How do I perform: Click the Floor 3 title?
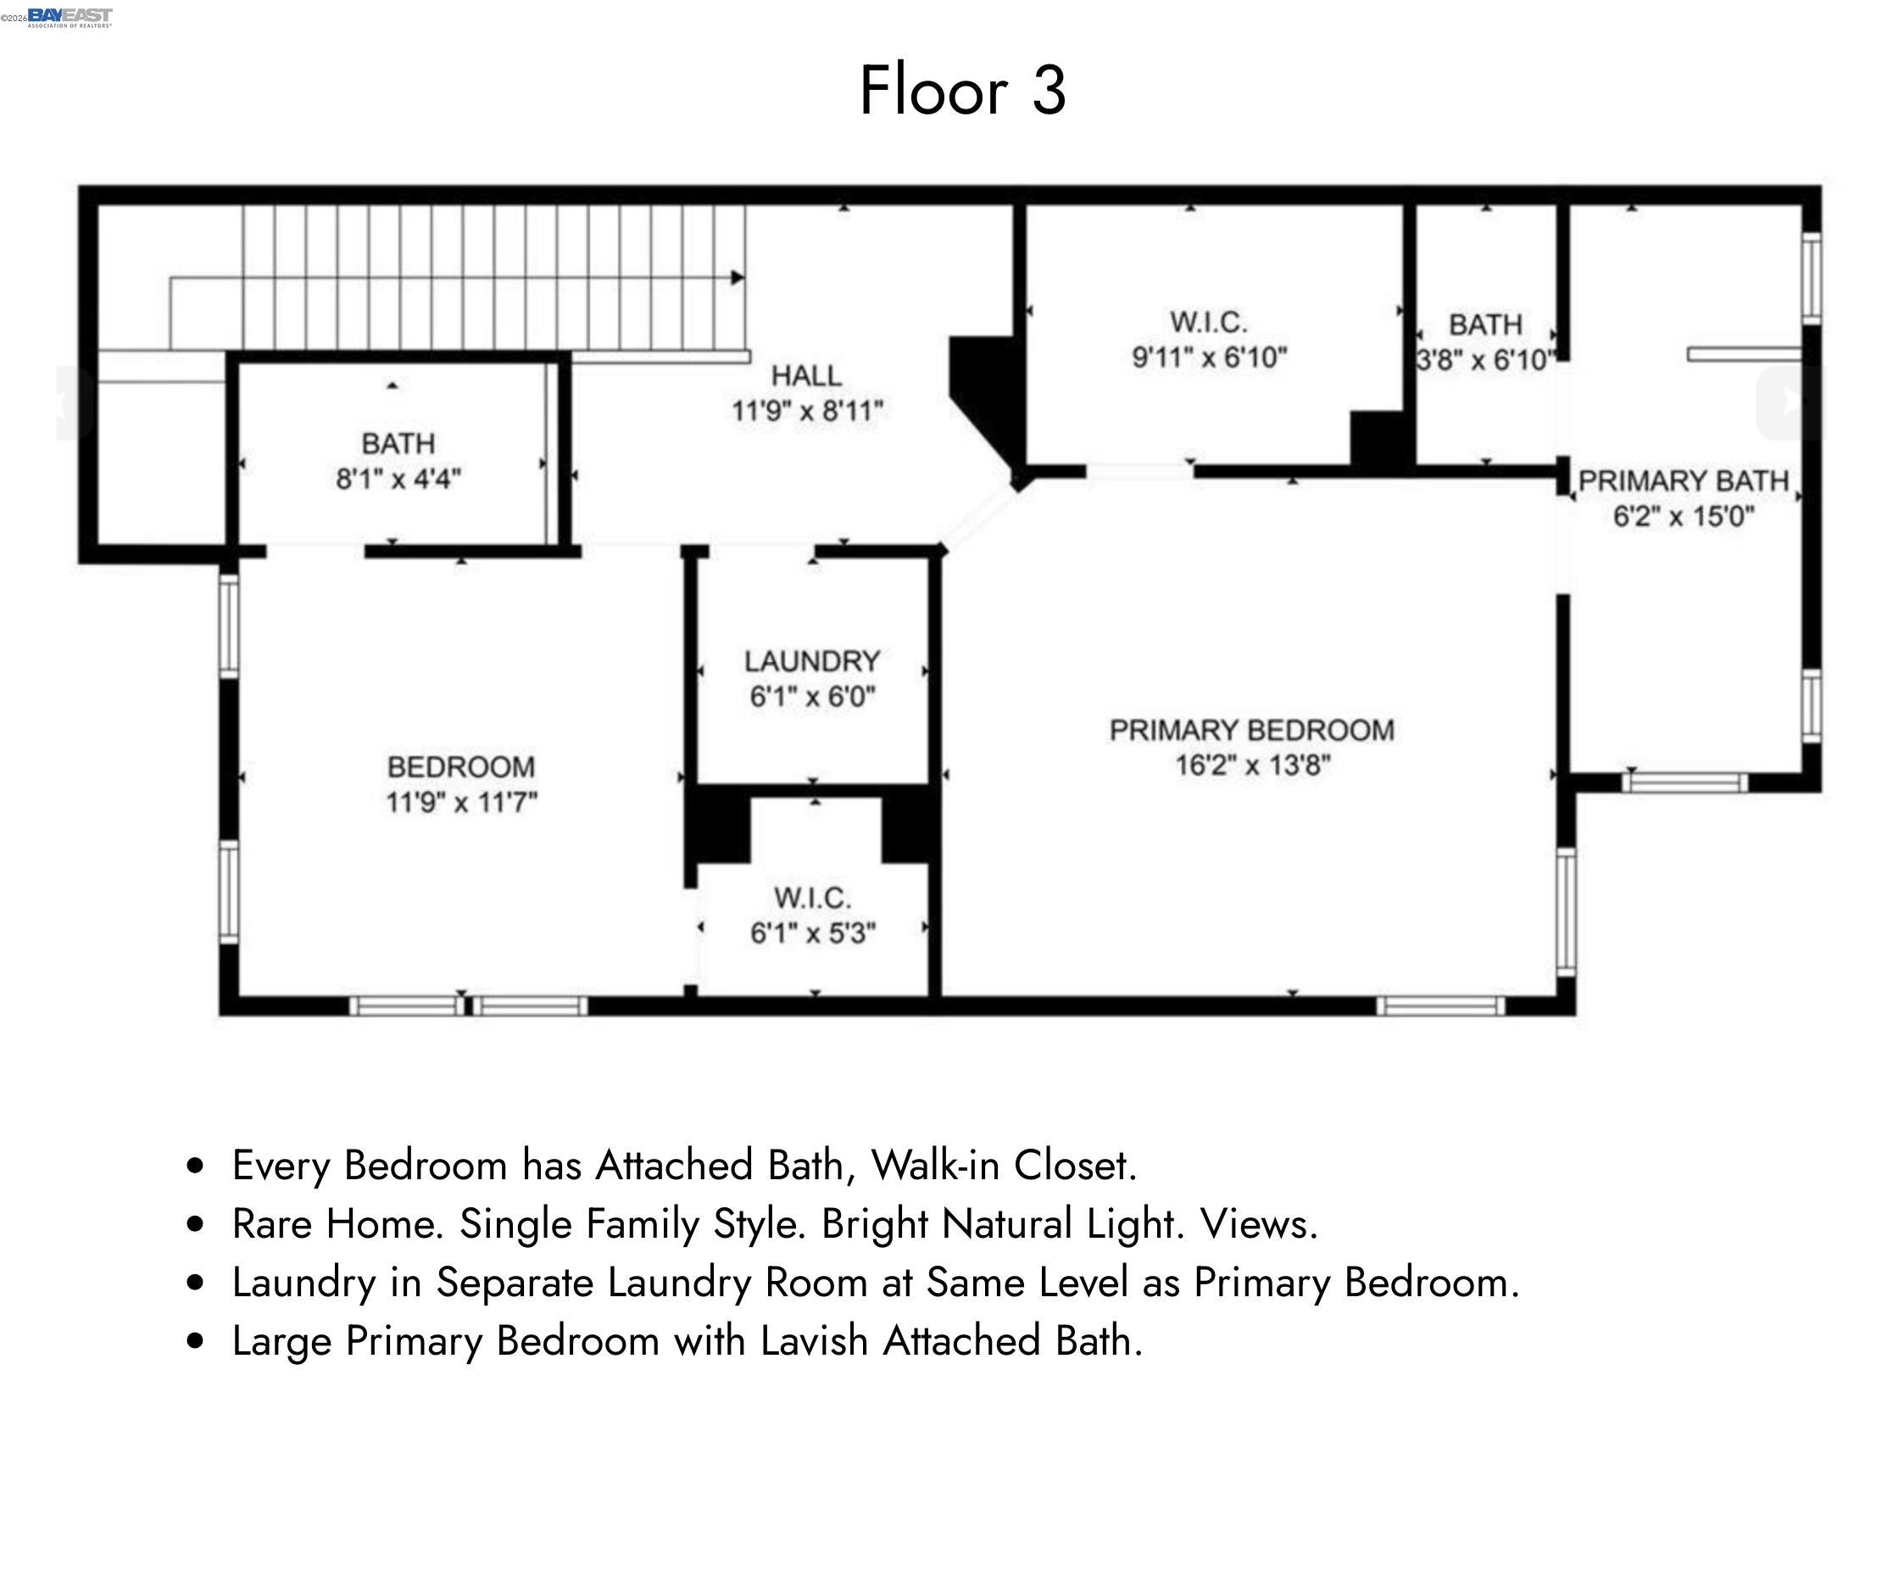962,90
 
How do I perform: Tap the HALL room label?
806,375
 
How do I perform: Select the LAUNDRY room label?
811,660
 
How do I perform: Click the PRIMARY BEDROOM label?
1251,730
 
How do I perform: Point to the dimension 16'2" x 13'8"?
1252,766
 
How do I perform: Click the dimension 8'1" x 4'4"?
398,478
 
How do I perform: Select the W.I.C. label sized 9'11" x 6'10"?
1208,322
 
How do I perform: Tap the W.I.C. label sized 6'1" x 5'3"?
811,898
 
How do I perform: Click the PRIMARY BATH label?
1682,482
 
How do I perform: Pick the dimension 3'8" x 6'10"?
1484,360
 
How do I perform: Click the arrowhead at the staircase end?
738,277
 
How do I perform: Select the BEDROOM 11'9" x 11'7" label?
460,767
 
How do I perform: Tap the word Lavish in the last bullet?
813,1341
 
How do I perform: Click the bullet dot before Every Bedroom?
195,1166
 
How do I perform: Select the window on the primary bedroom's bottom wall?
1440,1005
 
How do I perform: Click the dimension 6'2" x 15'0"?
1683,516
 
